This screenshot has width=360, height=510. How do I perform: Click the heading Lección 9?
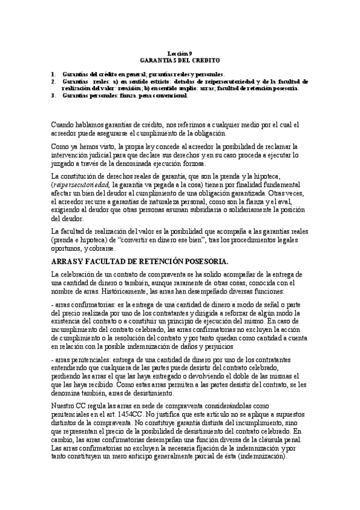coord(180,54)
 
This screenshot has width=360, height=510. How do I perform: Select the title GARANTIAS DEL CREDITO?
coord(180,61)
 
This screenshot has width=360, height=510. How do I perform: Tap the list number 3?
coord(53,95)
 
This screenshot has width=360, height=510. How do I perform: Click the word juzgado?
coord(63,164)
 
